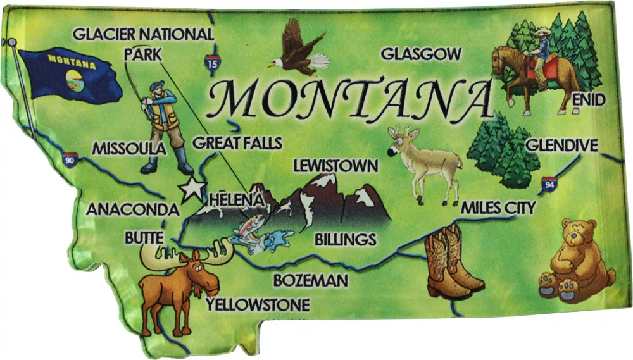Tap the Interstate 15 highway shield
[x=212, y=61]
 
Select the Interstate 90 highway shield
[x=70, y=160]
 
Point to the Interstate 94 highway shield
[x=549, y=185]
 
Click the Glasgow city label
[x=421, y=54]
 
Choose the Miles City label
[x=498, y=208]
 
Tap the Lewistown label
[x=335, y=166]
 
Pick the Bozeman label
[x=311, y=280]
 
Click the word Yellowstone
[x=258, y=306]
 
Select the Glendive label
[x=561, y=146]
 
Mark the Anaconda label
[x=133, y=209]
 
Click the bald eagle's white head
[x=276, y=63]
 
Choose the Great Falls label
[x=237, y=143]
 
